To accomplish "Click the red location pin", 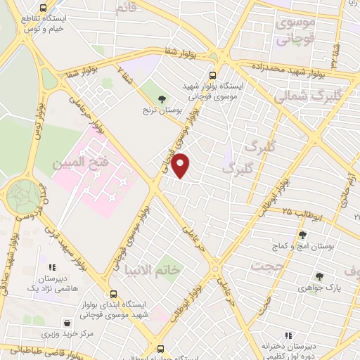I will point(181,165).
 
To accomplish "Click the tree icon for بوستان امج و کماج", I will point(302,235).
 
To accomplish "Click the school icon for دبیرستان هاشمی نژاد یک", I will point(51,267).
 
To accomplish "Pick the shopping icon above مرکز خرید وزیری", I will point(66,322).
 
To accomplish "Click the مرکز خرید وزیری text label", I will point(67,333).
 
